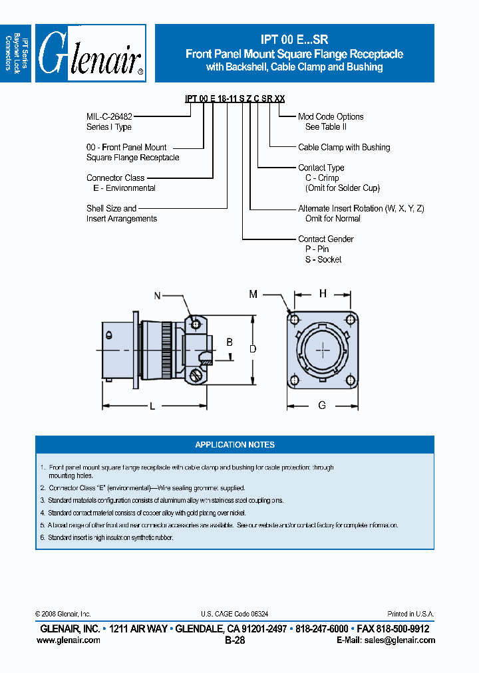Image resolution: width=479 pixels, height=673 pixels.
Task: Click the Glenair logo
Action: [90, 53]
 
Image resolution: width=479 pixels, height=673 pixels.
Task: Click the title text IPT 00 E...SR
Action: [294, 40]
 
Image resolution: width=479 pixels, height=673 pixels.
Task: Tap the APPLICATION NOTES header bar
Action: [234, 445]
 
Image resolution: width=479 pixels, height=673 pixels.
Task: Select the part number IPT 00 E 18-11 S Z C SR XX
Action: [235, 98]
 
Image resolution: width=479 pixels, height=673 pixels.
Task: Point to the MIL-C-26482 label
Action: [109, 116]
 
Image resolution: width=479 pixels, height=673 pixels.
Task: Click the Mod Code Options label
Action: [331, 116]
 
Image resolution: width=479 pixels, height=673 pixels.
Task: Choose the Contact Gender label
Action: [326, 239]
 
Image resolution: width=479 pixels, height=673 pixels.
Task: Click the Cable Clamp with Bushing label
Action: [344, 147]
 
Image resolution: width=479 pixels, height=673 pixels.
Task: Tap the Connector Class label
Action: [115, 178]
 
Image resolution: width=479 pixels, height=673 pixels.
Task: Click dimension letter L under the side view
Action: [152, 407]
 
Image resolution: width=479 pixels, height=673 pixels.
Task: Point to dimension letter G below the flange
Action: [322, 405]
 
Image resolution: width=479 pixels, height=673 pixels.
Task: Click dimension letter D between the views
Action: [252, 348]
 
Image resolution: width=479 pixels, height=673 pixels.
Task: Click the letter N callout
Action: [158, 296]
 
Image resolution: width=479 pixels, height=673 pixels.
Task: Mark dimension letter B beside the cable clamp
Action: [230, 342]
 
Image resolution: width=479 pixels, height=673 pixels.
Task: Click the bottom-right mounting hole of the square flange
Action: [350, 379]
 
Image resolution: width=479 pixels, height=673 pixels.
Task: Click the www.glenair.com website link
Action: [69, 640]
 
